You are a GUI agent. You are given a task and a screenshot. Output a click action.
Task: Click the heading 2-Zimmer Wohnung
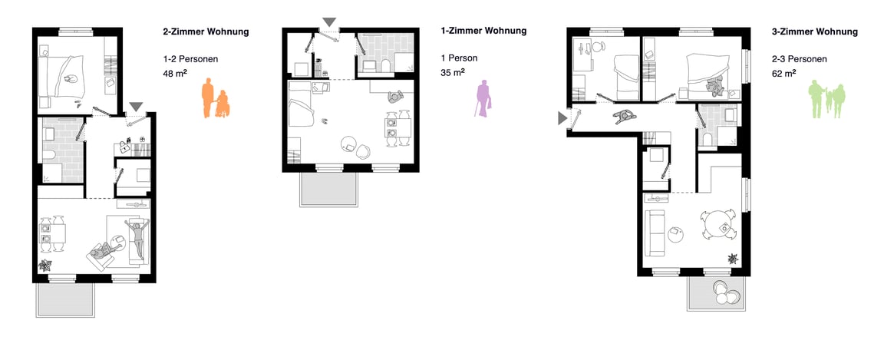click(x=206, y=31)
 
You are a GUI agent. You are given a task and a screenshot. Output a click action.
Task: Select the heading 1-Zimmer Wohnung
click(x=483, y=31)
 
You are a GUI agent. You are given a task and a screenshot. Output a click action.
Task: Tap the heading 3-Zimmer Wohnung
click(x=815, y=31)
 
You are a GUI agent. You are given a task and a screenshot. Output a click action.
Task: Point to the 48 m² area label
click(x=175, y=72)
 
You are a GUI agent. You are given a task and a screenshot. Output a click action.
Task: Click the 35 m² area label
click(x=453, y=71)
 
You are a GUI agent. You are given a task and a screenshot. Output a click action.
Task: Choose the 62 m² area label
click(x=783, y=73)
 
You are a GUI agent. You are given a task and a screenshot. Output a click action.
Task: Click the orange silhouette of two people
click(x=216, y=98)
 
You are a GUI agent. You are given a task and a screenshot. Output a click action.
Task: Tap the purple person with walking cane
click(x=483, y=98)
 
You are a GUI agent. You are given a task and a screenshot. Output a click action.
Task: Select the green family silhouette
click(x=827, y=99)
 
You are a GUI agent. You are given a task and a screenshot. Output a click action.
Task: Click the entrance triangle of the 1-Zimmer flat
click(x=329, y=22)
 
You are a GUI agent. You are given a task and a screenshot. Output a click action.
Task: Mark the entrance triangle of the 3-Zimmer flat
click(x=562, y=118)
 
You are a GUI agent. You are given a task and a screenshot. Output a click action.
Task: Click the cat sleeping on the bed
click(x=71, y=79)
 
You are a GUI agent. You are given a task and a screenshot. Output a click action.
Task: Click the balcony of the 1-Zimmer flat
click(x=329, y=189)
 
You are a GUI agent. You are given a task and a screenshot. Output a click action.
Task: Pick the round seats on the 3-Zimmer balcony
click(x=724, y=292)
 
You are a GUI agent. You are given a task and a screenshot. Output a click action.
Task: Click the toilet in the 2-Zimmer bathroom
click(x=49, y=154)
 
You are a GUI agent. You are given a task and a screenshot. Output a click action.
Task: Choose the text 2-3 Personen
click(x=800, y=58)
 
